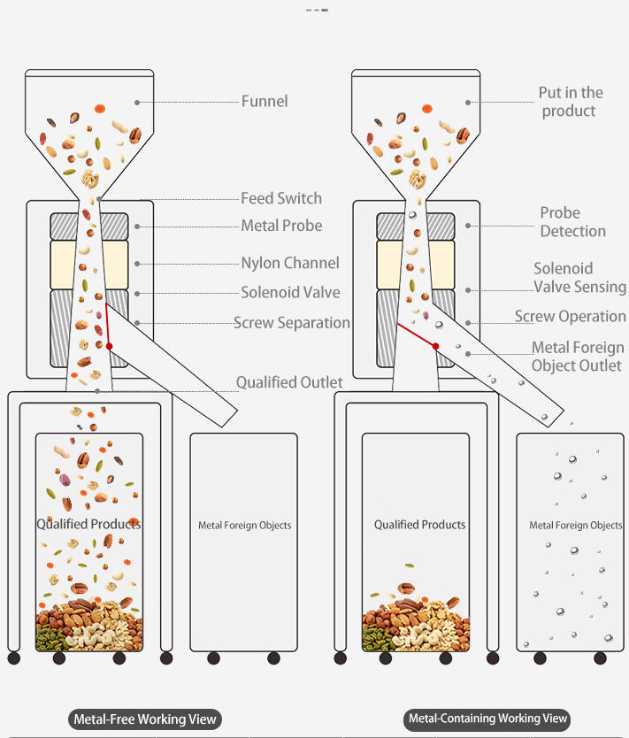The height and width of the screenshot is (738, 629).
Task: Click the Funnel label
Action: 265,101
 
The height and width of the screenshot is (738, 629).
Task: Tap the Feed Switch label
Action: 281,198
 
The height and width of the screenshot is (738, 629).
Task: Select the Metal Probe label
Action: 281,226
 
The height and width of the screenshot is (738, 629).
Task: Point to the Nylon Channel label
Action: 290,263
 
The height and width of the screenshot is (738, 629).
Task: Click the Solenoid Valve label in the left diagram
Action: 290,292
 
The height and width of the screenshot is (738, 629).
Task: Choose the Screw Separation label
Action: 292,323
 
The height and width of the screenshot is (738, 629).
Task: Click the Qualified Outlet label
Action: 288,382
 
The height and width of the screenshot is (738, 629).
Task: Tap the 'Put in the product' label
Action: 571,102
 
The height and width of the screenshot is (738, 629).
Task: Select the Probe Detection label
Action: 572,222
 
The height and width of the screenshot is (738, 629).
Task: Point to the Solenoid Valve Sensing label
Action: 579,278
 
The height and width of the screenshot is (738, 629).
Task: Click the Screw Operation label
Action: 570,316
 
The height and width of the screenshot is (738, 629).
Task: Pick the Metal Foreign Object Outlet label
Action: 577,357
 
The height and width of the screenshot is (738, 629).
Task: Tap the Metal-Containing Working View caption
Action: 487,719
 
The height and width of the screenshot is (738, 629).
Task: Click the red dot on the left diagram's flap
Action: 110,346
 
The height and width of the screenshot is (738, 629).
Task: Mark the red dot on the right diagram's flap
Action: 436,346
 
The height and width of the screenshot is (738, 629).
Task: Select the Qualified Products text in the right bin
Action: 419,525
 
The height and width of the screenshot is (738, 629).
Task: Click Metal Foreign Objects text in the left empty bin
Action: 244,526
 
